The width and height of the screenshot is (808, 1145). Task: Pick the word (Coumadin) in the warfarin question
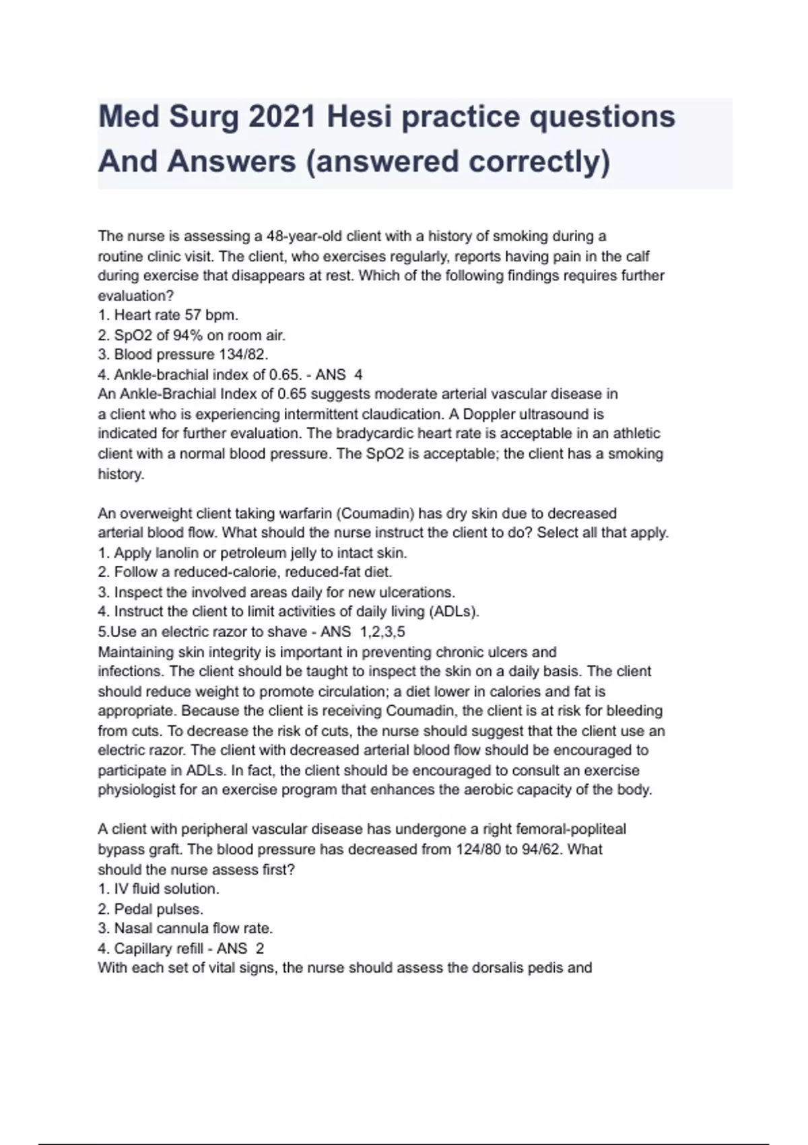coord(374,514)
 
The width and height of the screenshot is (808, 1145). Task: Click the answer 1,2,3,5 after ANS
coord(383,632)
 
